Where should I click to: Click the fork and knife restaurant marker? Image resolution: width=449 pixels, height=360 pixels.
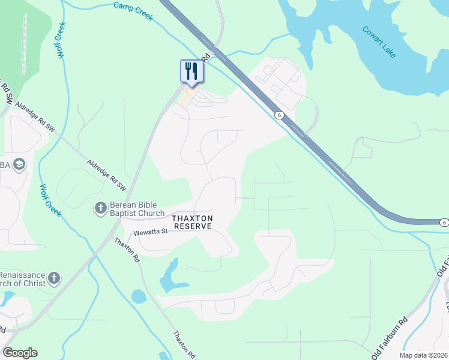tap(191, 71)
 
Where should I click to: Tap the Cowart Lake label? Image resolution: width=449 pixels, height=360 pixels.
tap(379, 41)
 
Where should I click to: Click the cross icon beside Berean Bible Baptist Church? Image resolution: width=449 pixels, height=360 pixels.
tap(100, 208)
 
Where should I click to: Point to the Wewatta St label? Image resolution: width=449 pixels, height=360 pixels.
tap(149, 231)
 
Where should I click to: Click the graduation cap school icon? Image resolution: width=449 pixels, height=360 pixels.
tap(19, 165)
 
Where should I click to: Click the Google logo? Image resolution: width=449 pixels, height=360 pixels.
tap(20, 353)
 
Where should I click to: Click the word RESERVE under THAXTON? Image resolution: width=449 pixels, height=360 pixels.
tap(192, 226)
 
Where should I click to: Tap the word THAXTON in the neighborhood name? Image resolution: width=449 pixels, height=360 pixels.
tap(192, 218)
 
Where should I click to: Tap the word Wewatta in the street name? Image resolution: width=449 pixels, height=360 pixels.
tap(145, 231)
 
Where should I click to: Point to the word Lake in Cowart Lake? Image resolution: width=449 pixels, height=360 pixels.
tap(388, 49)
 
